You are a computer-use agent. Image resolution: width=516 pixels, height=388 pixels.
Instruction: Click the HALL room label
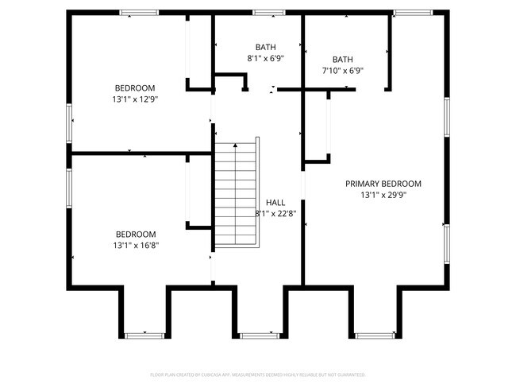coord(275,202)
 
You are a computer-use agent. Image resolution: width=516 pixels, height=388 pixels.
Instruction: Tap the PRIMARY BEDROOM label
coord(383,184)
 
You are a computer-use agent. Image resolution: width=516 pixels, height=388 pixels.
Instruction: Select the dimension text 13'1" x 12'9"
coord(135,99)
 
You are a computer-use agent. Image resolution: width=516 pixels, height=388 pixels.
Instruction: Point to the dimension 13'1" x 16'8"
coord(135,246)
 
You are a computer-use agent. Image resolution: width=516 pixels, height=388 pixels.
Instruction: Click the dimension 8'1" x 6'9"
coord(266,58)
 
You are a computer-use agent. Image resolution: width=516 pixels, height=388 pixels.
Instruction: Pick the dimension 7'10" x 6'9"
coord(343,71)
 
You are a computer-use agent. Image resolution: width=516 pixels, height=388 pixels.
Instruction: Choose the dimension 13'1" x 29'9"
coord(383,195)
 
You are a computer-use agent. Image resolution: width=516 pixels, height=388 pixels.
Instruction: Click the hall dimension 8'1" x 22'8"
coord(275,213)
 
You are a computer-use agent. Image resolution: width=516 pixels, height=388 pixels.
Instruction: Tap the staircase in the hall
coord(237,193)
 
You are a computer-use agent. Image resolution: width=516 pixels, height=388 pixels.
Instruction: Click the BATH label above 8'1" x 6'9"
coord(266,47)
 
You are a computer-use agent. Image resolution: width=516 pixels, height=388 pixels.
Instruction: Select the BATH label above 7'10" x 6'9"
coord(343,60)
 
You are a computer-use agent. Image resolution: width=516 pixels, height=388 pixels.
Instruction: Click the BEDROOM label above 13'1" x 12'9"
coord(135,88)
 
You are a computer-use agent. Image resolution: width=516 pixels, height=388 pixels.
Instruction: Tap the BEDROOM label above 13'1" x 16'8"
coord(135,235)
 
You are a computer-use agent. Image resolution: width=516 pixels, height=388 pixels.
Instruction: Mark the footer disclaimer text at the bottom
coord(258,374)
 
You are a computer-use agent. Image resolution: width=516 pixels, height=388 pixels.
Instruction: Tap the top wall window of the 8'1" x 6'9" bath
coord(269,13)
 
